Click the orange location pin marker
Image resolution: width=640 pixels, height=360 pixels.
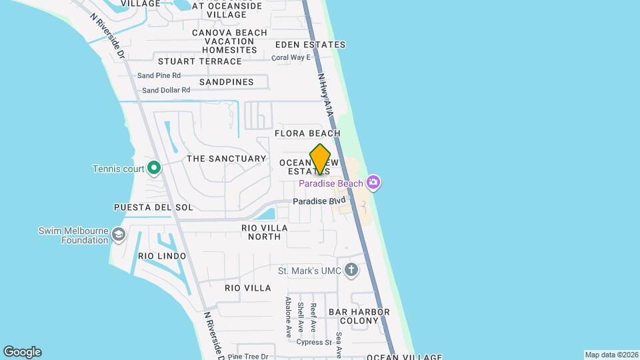click(320, 159)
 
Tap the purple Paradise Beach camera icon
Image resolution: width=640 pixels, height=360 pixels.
click(373, 182)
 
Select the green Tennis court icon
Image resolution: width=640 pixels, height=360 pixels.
click(154, 168)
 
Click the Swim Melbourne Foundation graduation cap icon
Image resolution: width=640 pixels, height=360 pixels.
click(119, 234)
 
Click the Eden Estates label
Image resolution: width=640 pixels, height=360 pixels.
click(311, 45)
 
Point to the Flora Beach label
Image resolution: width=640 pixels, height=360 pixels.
click(307, 133)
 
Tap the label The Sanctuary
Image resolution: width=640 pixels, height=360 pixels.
click(227, 159)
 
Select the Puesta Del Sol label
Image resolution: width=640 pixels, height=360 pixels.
click(153, 207)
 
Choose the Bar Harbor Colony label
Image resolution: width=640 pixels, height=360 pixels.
click(353, 316)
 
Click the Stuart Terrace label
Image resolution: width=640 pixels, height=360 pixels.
click(200, 61)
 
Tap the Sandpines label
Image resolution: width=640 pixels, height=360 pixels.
click(227, 82)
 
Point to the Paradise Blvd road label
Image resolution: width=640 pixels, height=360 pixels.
click(319, 201)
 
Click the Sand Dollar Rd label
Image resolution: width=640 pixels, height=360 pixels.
click(166, 90)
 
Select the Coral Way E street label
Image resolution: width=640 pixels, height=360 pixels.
click(291, 57)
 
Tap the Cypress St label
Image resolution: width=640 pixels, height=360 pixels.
click(315, 343)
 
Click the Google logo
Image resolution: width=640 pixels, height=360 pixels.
click(22, 352)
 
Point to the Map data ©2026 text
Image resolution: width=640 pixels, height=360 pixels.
click(611, 355)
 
